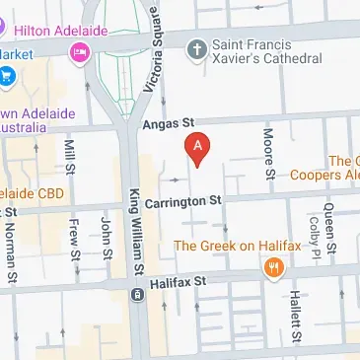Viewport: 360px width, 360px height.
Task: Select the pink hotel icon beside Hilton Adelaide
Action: (77, 57)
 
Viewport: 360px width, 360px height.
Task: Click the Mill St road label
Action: (69, 157)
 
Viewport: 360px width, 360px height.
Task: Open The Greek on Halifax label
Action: (230, 245)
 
